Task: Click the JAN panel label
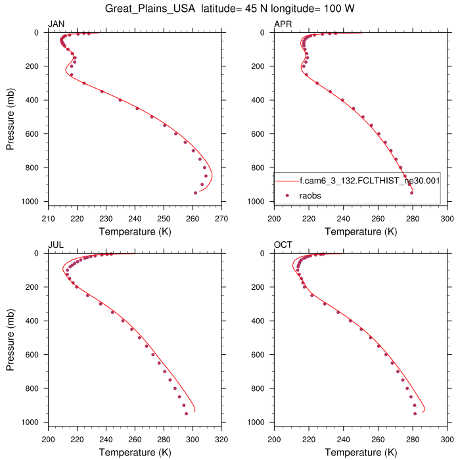point(57,24)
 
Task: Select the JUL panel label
point(56,245)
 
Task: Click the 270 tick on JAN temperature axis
point(221,219)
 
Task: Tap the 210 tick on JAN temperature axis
point(48,219)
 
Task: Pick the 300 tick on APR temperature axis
point(447,219)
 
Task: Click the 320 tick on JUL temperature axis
point(221,440)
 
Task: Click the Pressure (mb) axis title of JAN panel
point(12,117)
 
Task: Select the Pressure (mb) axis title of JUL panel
point(12,338)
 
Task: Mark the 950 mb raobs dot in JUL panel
point(186,414)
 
